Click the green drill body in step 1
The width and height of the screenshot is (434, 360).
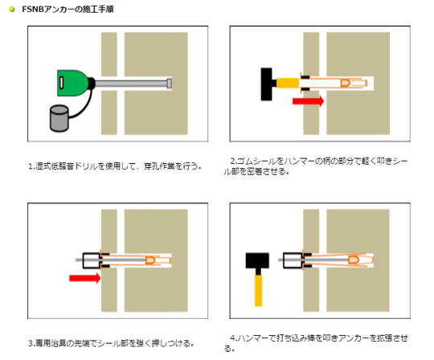point(72,83)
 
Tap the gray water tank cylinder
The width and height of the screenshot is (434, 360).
point(59,118)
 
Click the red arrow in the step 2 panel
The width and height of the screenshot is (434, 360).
point(308,101)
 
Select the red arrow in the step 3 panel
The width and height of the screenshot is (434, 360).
point(84,278)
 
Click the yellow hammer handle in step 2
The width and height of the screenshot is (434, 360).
point(288,83)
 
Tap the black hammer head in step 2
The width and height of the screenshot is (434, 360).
point(267,84)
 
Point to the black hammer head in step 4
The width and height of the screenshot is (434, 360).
point(257,260)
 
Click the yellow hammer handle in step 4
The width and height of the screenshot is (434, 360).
point(259,291)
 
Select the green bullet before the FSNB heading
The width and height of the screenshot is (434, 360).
point(11,9)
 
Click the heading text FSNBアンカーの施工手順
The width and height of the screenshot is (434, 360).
point(68,9)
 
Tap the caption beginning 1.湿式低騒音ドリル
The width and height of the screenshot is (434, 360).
point(115,166)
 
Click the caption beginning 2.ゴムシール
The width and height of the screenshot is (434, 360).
point(316,166)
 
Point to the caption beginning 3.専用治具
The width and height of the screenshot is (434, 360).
point(111,343)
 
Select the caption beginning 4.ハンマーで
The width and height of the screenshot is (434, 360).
point(316,343)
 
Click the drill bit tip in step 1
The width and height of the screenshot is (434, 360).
point(170,84)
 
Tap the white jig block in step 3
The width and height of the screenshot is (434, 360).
point(92,260)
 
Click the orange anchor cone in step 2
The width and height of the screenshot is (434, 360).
point(345,83)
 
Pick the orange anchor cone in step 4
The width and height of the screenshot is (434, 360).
point(354,260)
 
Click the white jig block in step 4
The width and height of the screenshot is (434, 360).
point(293,260)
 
